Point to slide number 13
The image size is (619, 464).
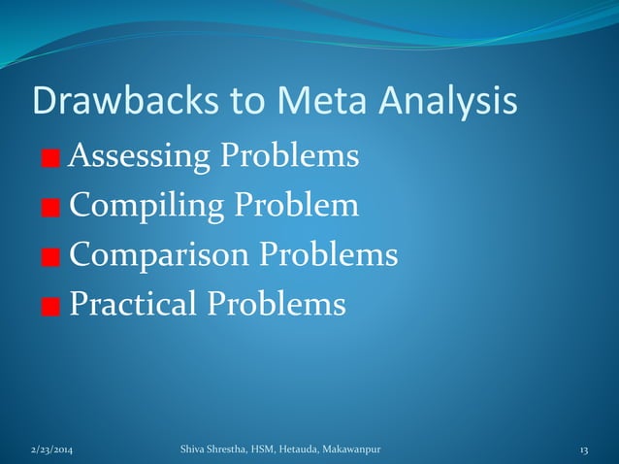pos(584,448)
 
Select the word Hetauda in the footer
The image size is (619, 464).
pos(294,448)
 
